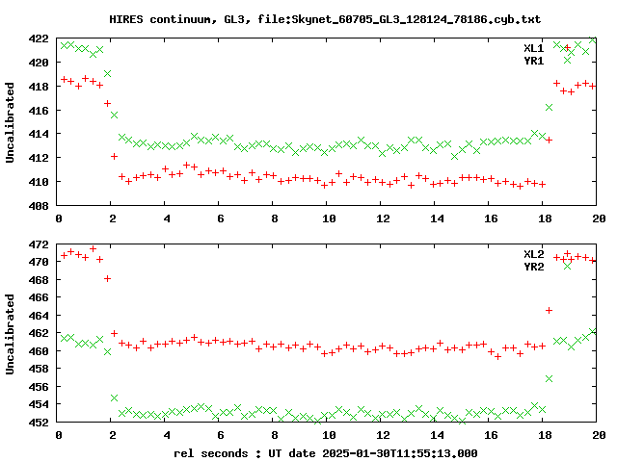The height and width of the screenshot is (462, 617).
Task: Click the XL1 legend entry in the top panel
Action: (x=533, y=47)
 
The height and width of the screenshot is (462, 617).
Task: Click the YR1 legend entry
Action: (x=533, y=61)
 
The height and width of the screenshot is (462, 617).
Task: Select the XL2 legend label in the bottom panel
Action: (x=533, y=253)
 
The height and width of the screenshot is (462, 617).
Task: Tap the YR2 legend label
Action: (x=533, y=267)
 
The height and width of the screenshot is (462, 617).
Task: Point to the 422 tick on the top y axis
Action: (x=38, y=39)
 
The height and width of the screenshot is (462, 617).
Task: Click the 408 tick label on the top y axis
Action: (x=38, y=205)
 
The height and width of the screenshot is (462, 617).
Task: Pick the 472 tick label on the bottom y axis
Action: (x=38, y=245)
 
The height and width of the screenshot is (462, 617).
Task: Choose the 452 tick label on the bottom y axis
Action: (x=38, y=423)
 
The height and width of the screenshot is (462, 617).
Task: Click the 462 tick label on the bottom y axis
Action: (x=38, y=334)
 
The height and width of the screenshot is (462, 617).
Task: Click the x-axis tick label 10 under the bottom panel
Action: (x=329, y=435)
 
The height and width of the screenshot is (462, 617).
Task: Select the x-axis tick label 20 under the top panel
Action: (x=597, y=219)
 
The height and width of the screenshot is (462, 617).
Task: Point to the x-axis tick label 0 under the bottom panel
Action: (x=60, y=435)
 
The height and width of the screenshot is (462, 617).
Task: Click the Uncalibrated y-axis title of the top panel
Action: (x=11, y=122)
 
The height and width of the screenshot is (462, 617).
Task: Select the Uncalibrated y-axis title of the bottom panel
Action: (x=11, y=332)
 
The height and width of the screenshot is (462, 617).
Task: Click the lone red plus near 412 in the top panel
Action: (x=115, y=156)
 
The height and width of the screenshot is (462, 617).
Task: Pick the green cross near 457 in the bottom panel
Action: (x=549, y=378)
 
